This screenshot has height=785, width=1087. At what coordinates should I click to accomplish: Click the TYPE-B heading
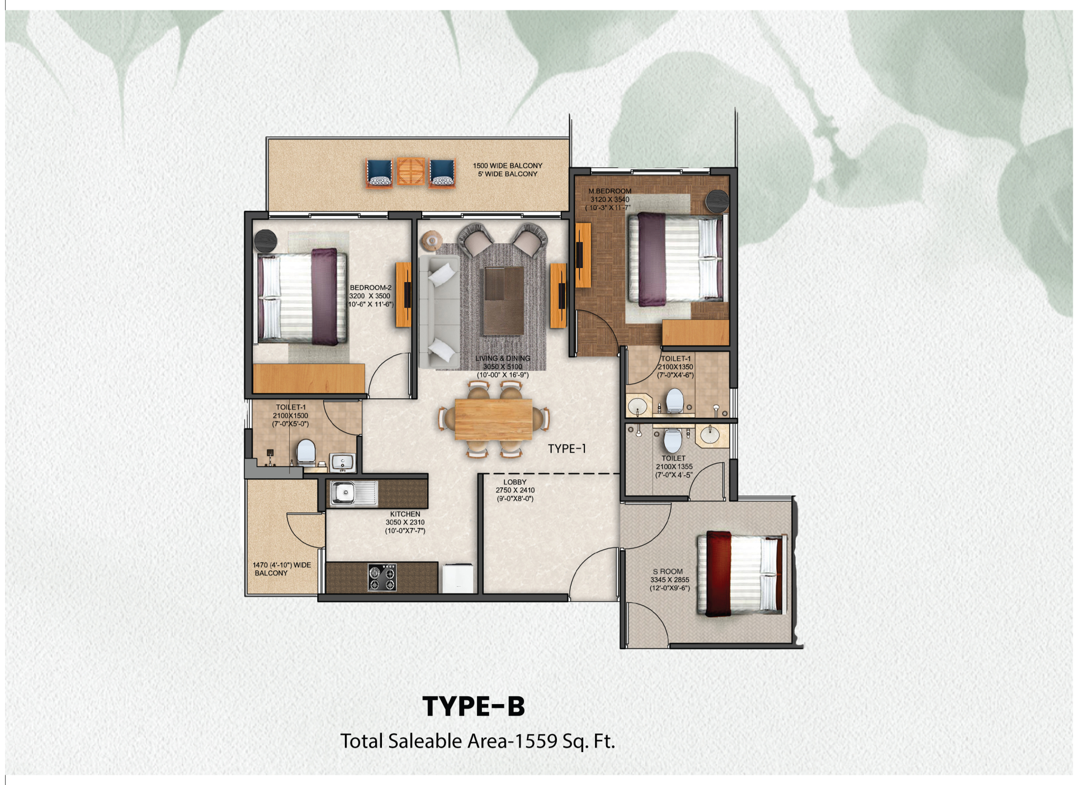click(474, 706)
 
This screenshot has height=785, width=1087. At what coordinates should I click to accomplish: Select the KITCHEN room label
click(405, 514)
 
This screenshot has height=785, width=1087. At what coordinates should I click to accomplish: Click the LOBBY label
click(514, 482)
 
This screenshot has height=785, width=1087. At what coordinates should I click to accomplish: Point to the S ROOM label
click(668, 571)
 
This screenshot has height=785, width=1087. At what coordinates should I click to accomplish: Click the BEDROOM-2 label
click(371, 287)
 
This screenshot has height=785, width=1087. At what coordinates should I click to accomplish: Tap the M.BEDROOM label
click(609, 191)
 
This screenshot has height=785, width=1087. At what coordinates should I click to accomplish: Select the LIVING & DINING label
click(503, 358)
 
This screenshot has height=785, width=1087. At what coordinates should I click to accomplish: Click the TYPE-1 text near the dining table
click(567, 448)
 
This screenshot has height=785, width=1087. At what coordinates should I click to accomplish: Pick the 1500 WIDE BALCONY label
click(508, 165)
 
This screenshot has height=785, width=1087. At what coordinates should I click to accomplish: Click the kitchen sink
click(353, 493)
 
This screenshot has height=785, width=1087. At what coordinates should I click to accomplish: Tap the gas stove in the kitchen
click(382, 578)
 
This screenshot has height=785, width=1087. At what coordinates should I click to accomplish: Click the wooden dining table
click(493, 419)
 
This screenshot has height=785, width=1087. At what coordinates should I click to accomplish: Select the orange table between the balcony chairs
click(411, 172)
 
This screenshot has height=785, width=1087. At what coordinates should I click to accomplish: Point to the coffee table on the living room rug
click(504, 301)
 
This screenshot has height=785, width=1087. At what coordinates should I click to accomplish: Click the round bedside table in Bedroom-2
click(266, 241)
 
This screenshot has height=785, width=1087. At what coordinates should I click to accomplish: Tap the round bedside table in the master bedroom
click(717, 201)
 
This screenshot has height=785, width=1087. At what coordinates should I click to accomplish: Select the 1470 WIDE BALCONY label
click(281, 569)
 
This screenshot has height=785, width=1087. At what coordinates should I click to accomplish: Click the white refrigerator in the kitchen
click(458, 579)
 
